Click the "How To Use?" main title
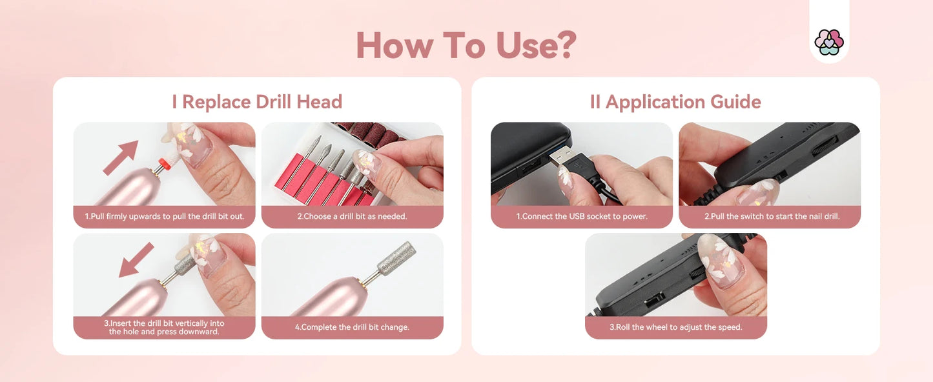tap(466, 45)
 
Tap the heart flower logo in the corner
tap(829, 42)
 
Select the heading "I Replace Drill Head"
tap(257, 102)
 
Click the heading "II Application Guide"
tap(675, 102)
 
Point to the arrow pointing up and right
tap(121, 157)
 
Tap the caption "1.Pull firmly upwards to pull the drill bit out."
tap(165, 217)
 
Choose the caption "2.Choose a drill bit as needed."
tap(352, 217)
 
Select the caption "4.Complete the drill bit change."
tap(352, 327)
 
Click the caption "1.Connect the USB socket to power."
tap(581, 217)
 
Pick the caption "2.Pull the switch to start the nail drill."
tap(770, 217)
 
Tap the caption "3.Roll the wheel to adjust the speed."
tap(675, 327)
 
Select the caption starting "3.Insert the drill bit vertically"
tap(165, 327)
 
